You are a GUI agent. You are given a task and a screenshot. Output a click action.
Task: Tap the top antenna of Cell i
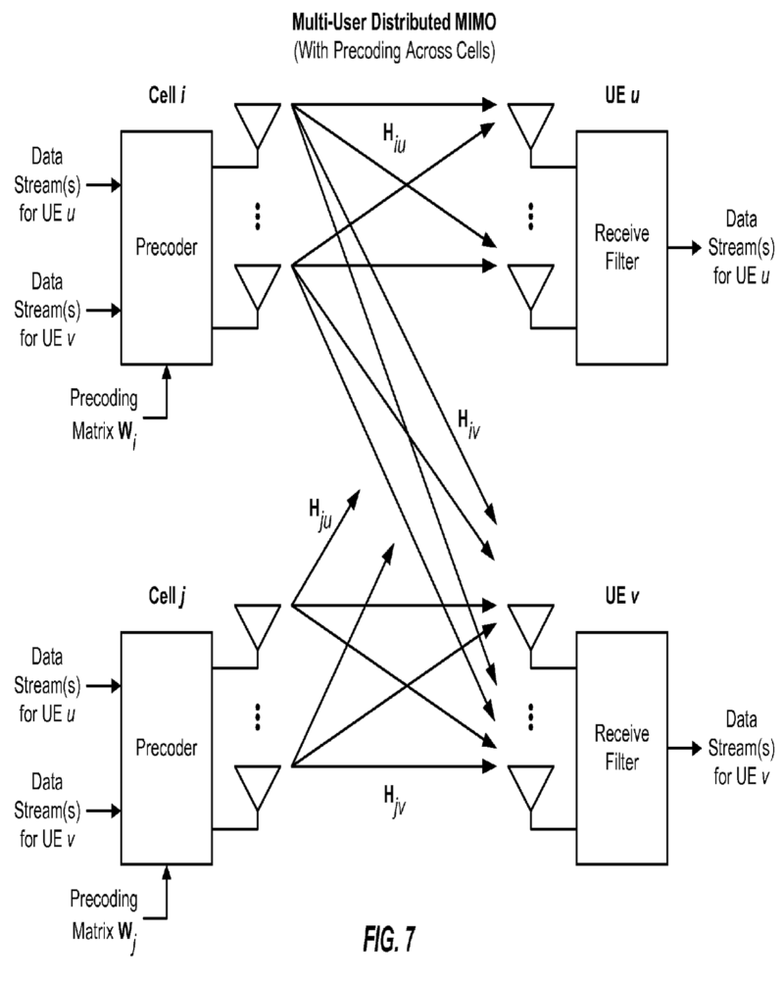point(258,123)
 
